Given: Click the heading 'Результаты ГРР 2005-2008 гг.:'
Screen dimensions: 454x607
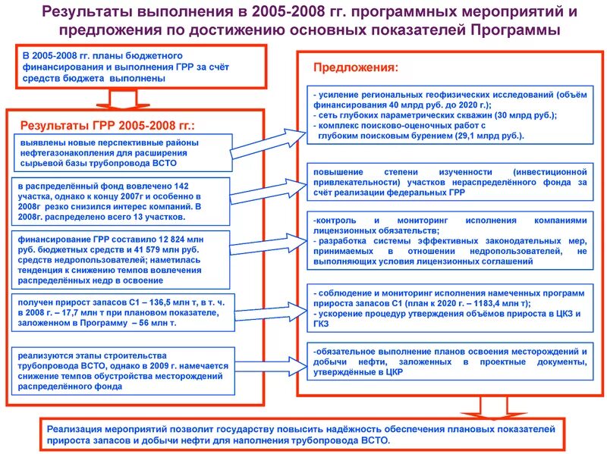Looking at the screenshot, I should pos(107,125).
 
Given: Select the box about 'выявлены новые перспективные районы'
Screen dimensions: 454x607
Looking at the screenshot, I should pos(121,152).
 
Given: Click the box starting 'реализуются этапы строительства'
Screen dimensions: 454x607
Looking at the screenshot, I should pos(121,369).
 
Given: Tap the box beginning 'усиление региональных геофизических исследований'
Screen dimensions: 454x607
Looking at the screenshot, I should pos(448,114).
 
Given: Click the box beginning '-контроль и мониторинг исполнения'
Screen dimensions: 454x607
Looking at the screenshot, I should pos(448,240).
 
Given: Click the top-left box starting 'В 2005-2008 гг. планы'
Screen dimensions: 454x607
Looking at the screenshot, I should pos(141,67).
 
